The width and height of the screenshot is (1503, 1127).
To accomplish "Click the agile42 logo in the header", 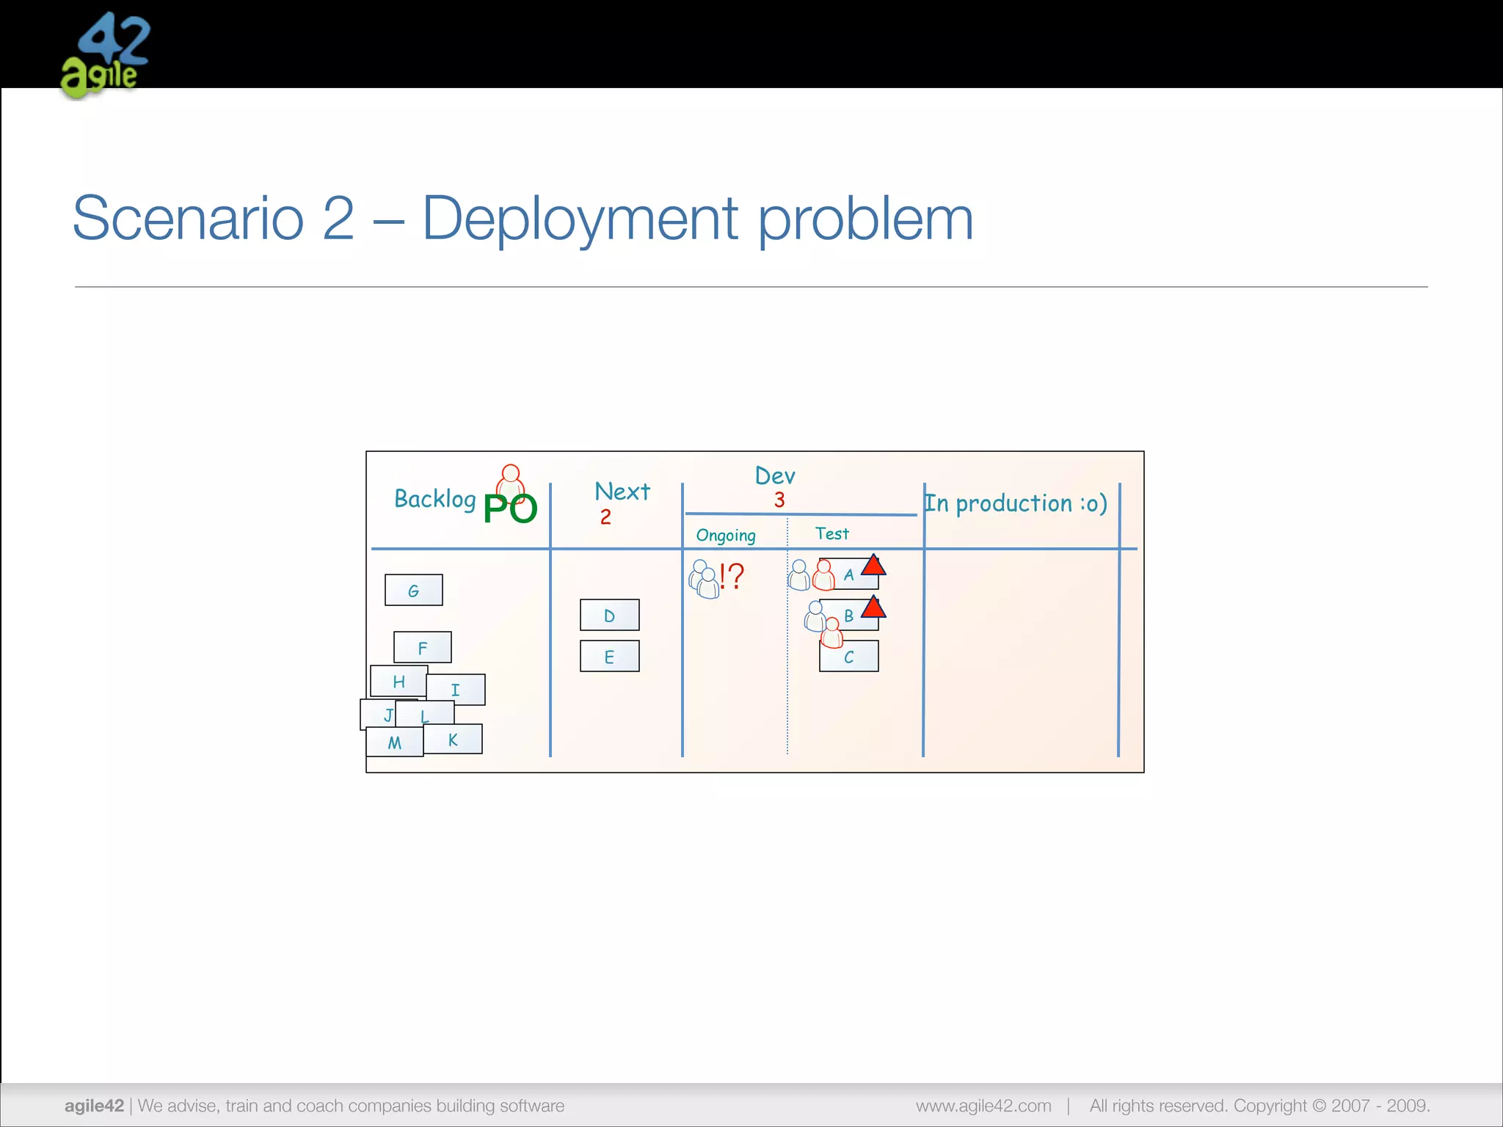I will (105, 55).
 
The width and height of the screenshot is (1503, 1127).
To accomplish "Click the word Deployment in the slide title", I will (580, 219).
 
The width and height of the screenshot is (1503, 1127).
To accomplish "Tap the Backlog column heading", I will (434, 499).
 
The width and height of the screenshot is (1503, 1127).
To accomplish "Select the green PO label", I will (510, 508).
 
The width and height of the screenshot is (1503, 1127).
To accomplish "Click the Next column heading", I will (622, 491).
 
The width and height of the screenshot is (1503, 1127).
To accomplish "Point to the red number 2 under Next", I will (605, 517).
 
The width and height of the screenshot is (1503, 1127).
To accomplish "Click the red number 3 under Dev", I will (779, 500).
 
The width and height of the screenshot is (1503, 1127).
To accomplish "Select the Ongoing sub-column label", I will (725, 535).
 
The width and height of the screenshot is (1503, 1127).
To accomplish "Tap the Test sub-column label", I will (831, 533).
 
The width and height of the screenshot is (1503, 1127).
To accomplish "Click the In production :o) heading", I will (1016, 503).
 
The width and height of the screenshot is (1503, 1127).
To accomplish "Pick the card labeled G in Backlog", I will (414, 590).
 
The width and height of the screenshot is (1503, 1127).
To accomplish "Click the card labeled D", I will (609, 615).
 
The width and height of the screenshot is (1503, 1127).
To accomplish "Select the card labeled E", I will (609, 656).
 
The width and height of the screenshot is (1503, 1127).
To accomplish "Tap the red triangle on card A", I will (873, 566).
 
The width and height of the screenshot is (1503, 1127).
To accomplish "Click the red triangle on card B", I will (873, 608).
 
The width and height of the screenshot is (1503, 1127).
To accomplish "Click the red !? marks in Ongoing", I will (732, 576).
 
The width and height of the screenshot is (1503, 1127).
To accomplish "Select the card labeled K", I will (454, 739).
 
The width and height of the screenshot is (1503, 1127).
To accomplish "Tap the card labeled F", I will (423, 647).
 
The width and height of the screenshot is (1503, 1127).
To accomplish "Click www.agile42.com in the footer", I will (983, 1106).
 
